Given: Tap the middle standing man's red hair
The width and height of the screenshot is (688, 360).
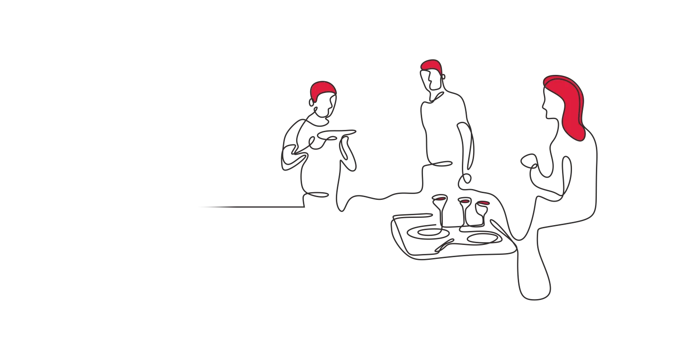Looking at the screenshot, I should pos(430,65).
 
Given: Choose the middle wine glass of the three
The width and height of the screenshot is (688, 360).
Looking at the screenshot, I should pos(465,203).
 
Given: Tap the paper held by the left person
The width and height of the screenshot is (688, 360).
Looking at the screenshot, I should pos(345,140).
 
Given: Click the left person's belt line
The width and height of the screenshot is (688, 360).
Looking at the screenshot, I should pos(318,194).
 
